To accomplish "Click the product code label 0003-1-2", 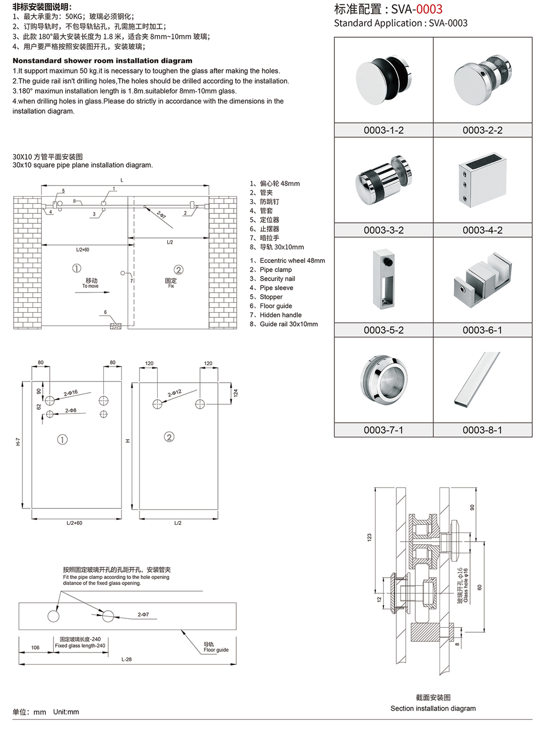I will click(x=384, y=130).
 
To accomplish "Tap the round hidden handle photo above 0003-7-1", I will click(x=384, y=379).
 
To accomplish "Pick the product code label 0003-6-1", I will click(x=482, y=330).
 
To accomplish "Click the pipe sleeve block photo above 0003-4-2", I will click(x=482, y=180).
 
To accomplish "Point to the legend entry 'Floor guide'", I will click(x=276, y=306).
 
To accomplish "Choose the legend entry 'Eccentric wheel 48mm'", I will click(x=292, y=260).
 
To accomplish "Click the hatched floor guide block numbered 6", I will click(x=116, y=326).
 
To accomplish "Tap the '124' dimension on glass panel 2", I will click(x=236, y=393).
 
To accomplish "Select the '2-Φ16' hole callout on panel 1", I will click(x=71, y=393).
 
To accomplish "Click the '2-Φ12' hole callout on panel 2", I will click(x=174, y=393).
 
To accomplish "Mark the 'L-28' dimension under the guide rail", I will click(x=127, y=659).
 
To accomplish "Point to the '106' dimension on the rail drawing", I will click(x=35, y=648).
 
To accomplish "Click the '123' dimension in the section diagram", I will click(x=369, y=537).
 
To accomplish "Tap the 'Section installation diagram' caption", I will click(x=433, y=708).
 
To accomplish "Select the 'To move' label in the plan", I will click(x=90, y=286).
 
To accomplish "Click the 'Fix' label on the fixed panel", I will click(x=171, y=286).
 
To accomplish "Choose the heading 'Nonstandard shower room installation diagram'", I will click(x=102, y=61).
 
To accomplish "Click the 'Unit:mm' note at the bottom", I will click(x=66, y=712).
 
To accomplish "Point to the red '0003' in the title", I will click(x=429, y=9).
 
